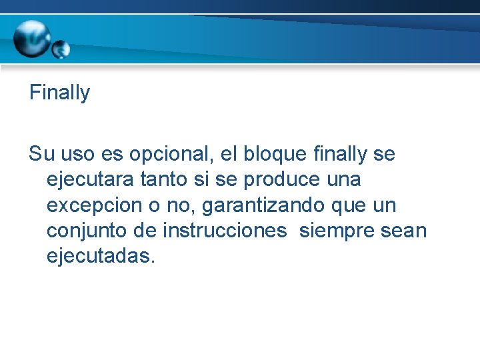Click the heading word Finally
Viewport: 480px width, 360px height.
[59, 93]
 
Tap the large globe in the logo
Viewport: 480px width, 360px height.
[31, 39]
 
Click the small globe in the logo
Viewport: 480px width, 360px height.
[61, 49]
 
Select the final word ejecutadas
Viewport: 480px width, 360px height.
[101, 257]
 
